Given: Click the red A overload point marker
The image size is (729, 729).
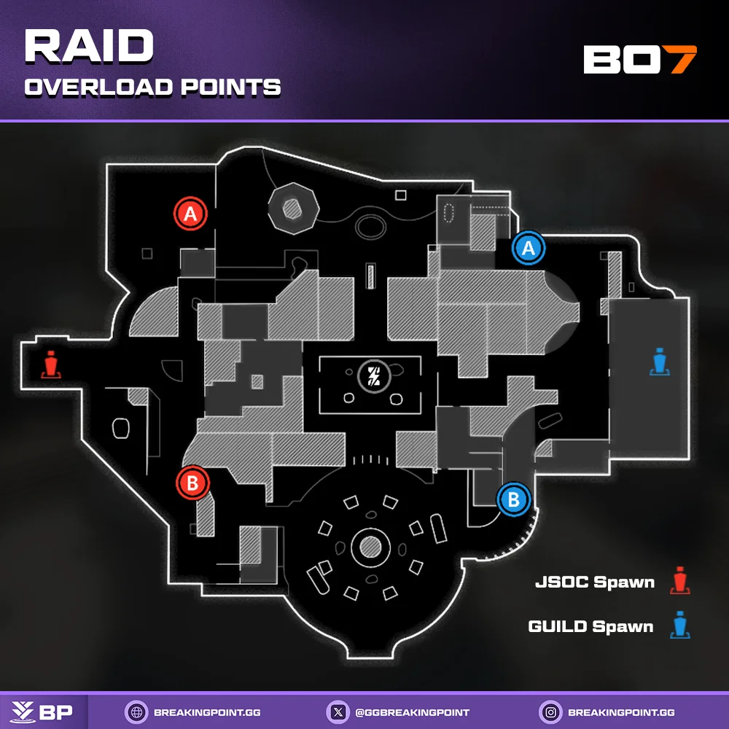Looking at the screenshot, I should [191, 214].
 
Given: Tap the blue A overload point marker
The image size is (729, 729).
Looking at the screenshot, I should [529, 248].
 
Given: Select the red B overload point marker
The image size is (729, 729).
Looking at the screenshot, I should [192, 483].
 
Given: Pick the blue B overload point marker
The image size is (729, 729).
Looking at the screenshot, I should [514, 499].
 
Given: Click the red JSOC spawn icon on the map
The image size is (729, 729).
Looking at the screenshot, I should [50, 365].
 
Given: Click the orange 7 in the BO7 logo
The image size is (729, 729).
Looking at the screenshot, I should [683, 60].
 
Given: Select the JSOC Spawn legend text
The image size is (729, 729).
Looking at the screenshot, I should [594, 582].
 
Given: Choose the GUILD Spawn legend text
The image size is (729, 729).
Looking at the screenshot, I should [590, 626].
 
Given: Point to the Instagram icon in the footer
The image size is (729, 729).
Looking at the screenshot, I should [550, 712].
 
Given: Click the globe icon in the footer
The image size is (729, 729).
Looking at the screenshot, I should [134, 712].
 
